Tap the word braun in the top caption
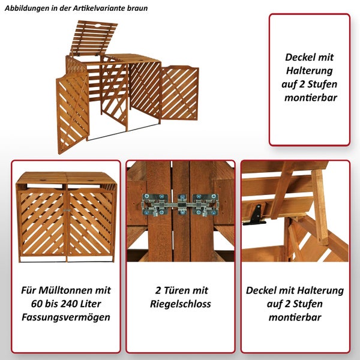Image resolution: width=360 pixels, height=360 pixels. [135, 8]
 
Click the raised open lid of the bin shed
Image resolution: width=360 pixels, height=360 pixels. [93, 37]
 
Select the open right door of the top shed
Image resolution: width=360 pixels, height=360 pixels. [179, 93]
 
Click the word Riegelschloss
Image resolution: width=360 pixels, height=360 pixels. [181, 304]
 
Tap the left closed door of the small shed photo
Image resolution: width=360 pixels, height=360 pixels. [42, 222]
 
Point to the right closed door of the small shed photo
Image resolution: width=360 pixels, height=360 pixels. [90, 222]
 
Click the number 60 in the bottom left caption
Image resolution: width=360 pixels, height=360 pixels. [40, 304]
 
